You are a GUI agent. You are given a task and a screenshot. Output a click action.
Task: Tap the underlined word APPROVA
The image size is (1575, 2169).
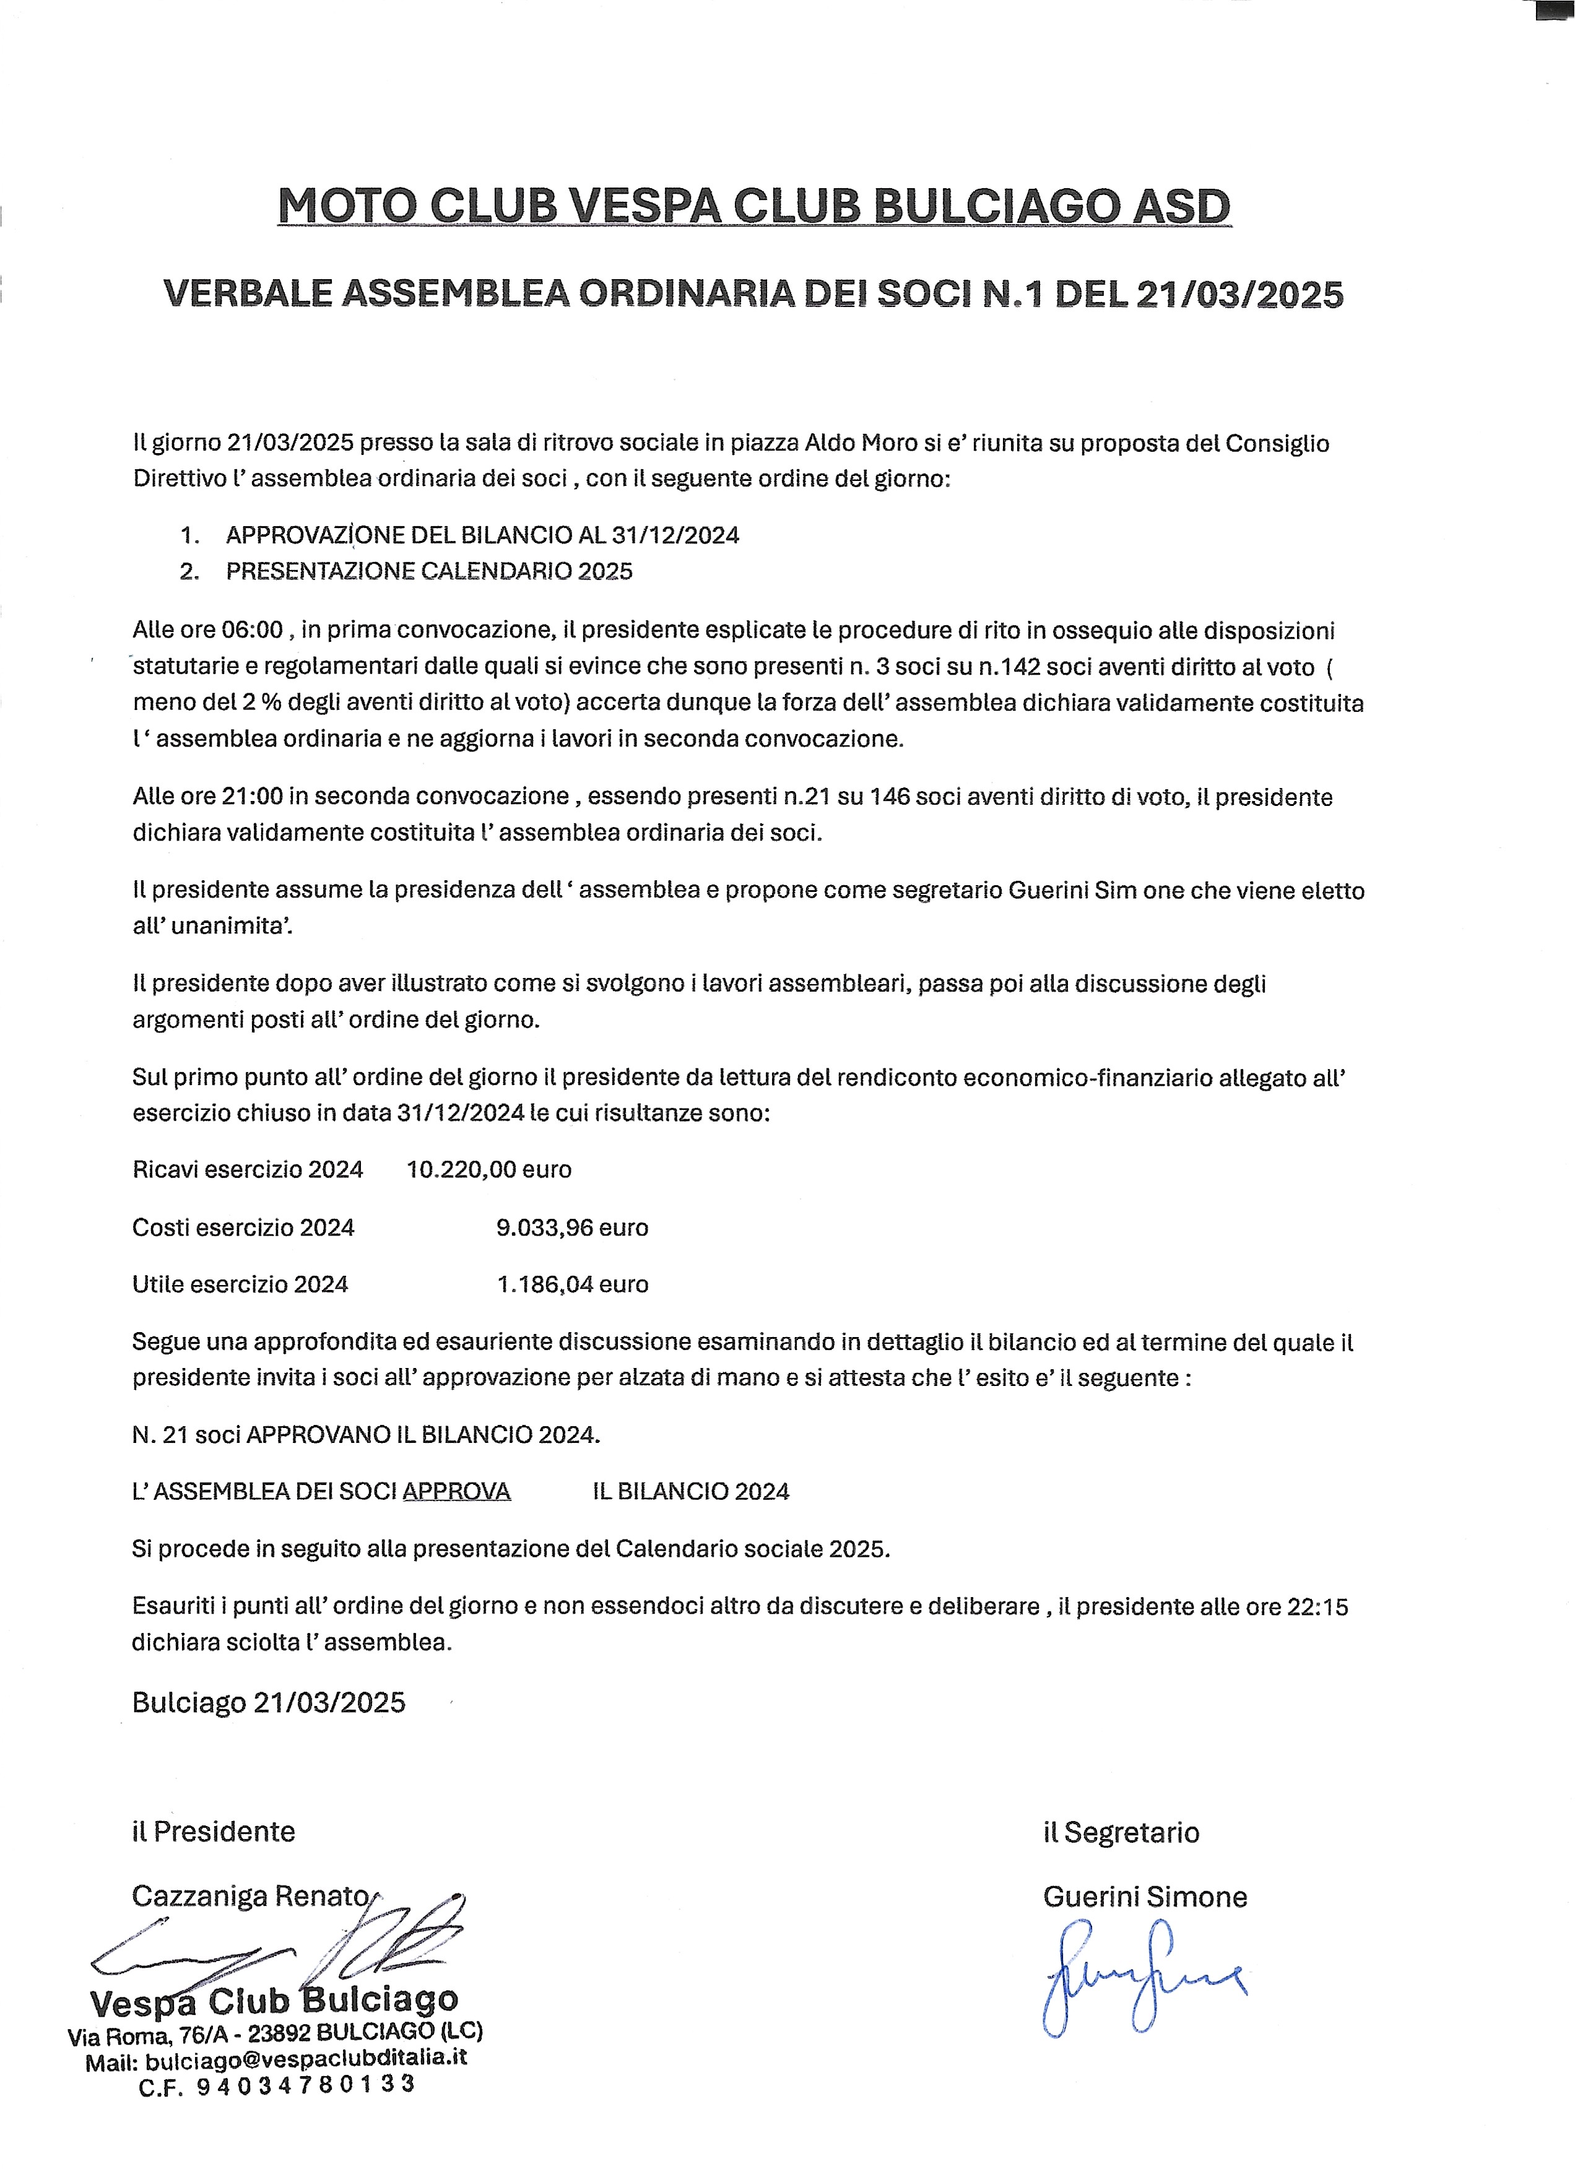point(457,1492)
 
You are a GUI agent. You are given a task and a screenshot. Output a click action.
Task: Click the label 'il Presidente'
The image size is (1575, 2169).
point(213,1832)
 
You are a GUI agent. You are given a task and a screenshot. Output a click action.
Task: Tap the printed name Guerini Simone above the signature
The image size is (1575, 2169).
point(1145,1897)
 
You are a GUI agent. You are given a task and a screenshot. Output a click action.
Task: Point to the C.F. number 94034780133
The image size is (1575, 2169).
point(306,2085)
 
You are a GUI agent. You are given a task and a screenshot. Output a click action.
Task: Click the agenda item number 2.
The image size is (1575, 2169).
point(189,572)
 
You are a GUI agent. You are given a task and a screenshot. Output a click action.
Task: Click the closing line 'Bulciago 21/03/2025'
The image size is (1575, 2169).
point(269,1702)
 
